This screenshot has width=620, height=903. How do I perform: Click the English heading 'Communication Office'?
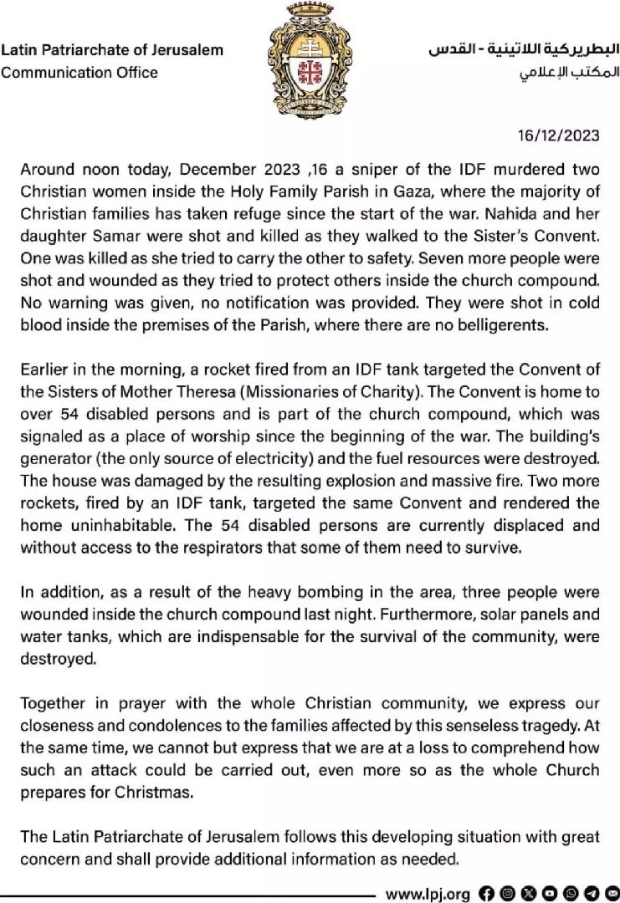click(79, 73)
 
